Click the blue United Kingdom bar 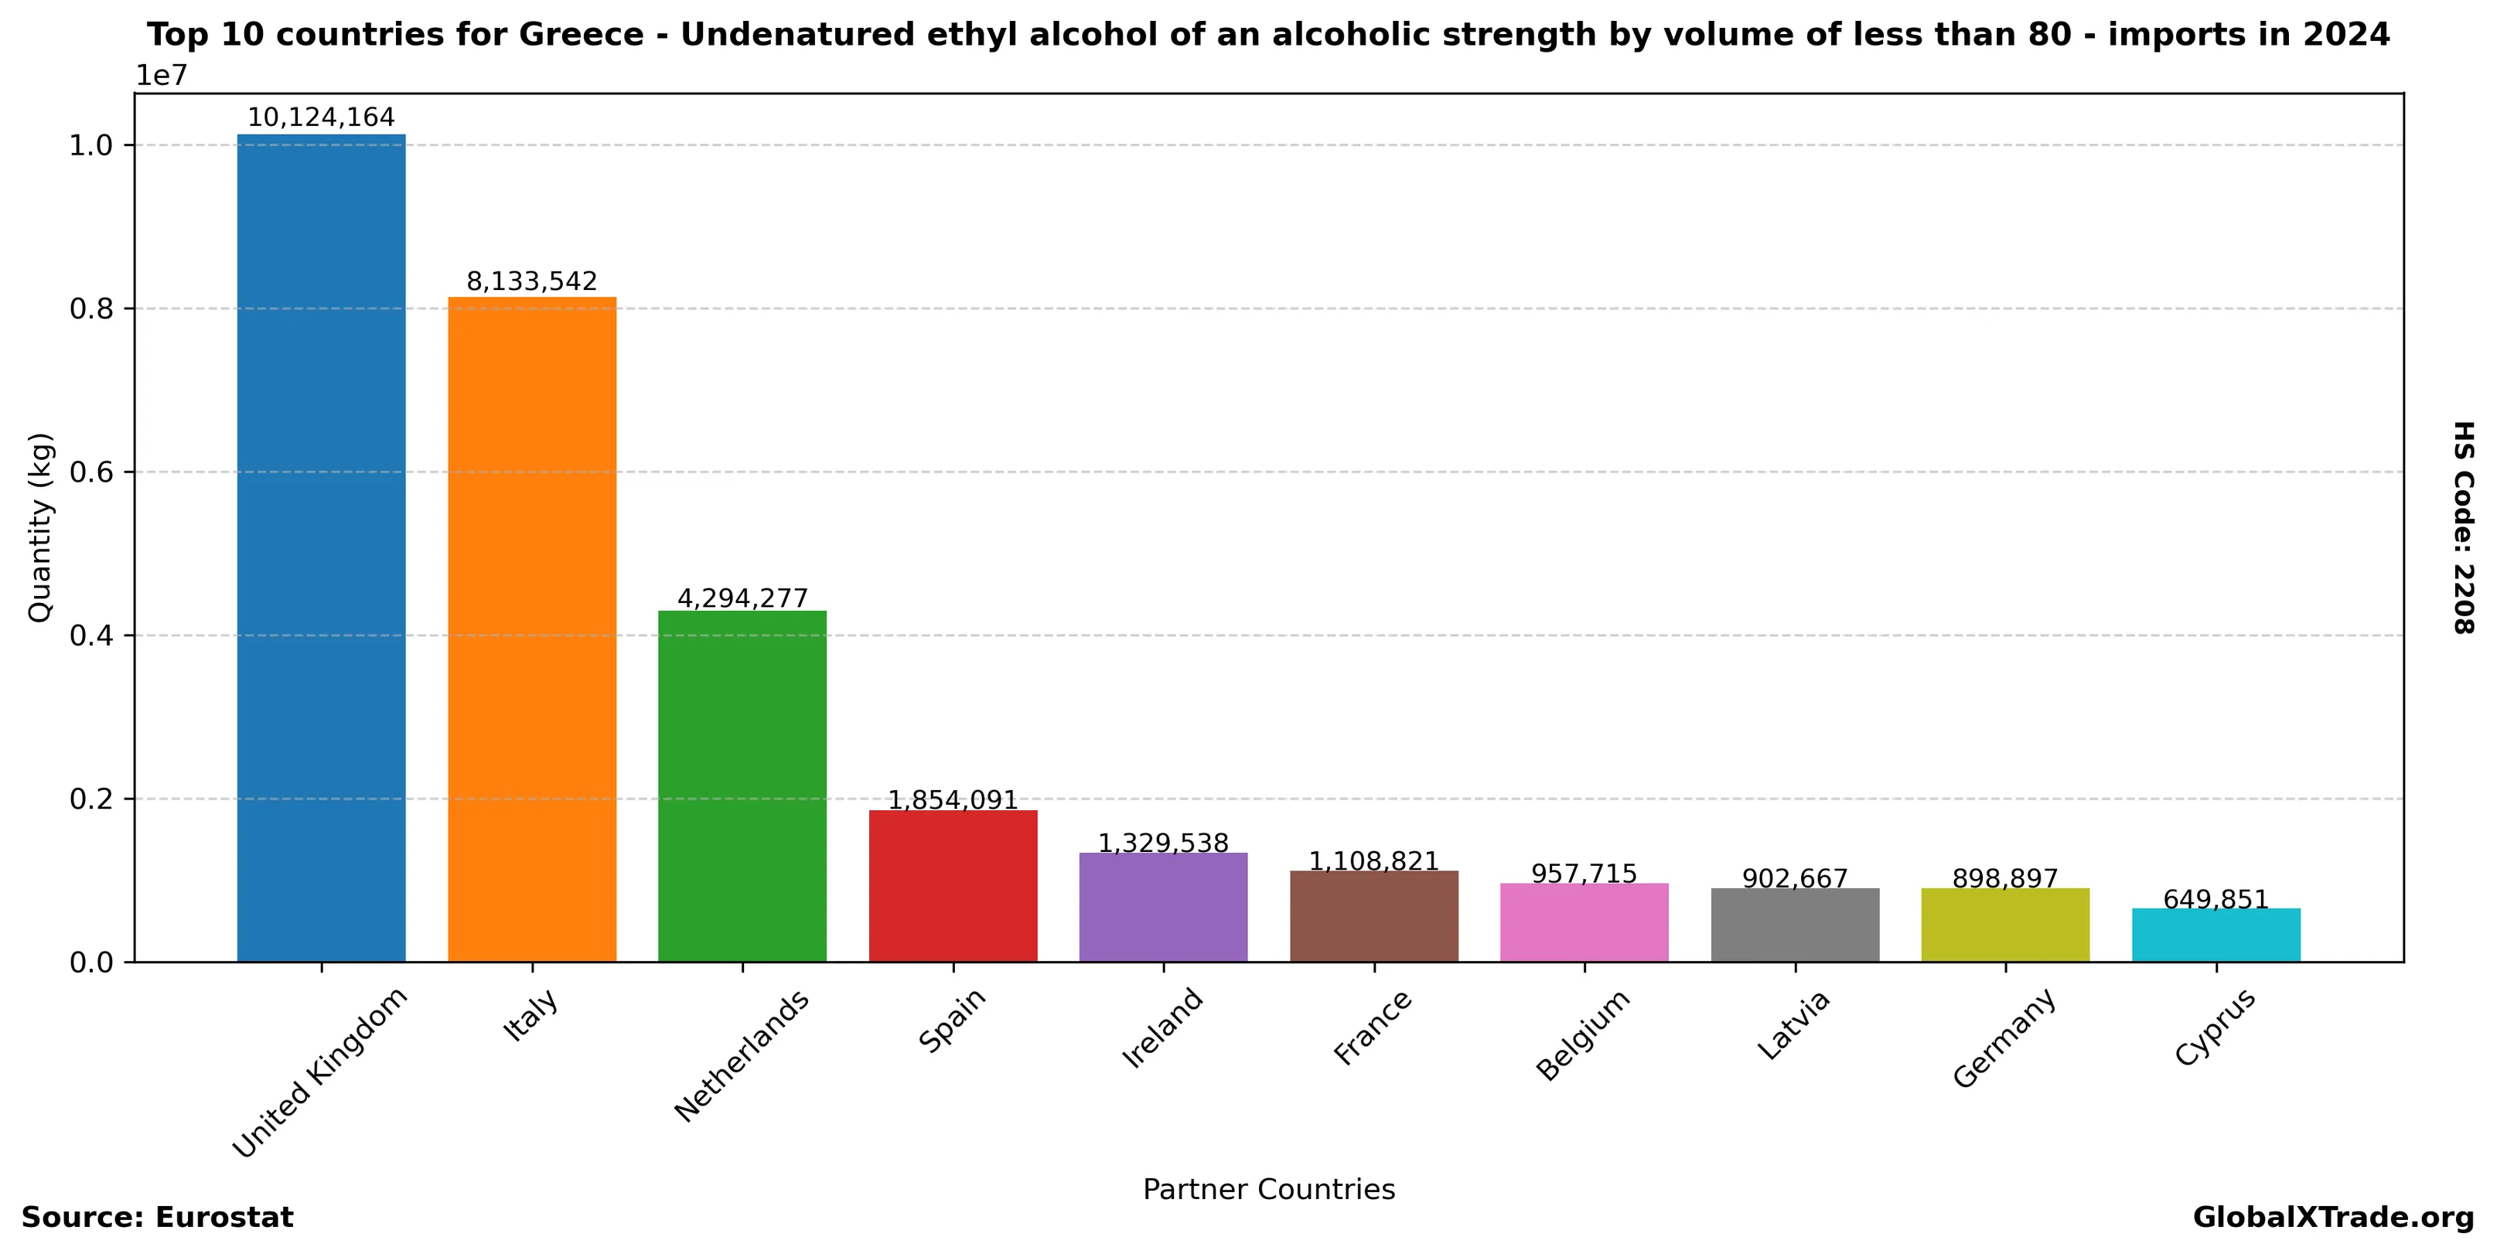pos(321,547)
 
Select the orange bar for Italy pos(531,629)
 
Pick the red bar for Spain pos(953,886)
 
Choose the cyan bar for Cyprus pos(2216,935)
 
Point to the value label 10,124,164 pos(321,118)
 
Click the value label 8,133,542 pos(531,282)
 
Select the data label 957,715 pos(1584,874)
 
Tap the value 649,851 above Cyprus pos(2216,900)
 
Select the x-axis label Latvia pos(1793,1025)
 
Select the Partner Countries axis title pos(1268,1189)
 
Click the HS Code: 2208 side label pos(2463,527)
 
